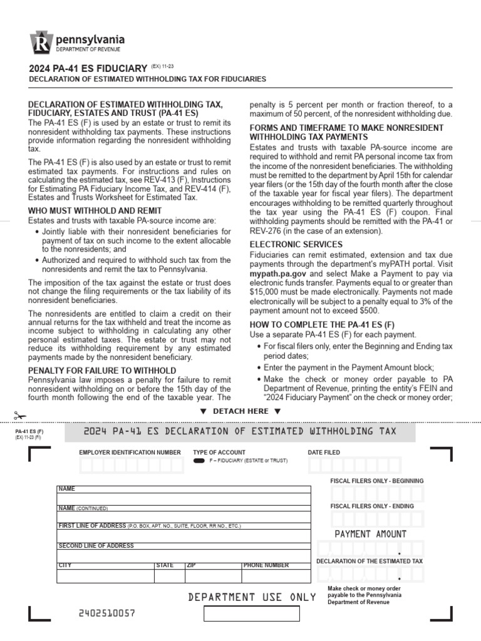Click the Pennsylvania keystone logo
tap(42, 43)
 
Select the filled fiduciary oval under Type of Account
tap(200, 461)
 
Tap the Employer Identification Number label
tap(130, 452)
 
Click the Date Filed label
tap(324, 452)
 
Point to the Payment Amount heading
tap(370, 534)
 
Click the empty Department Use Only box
tap(251, 613)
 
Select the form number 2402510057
tap(107, 613)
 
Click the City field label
tap(65, 565)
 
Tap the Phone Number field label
tap(266, 565)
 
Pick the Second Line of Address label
tap(96, 546)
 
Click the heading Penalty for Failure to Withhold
tap(102, 371)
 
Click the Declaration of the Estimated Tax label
tap(370, 562)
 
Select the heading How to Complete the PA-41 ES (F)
tap(323, 324)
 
